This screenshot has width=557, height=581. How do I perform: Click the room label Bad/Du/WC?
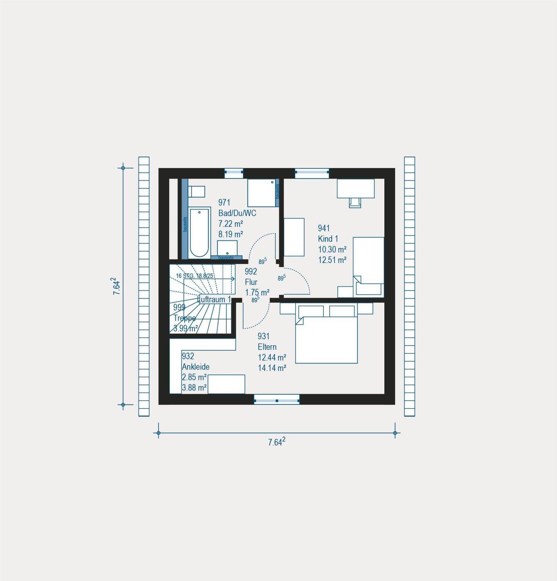[x=237, y=213]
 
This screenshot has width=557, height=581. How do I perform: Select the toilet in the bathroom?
[x=197, y=191]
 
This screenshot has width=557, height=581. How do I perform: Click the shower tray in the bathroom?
[x=261, y=193]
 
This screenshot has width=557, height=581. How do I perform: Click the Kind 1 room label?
[x=328, y=238]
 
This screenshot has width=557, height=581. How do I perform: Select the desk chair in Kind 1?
[x=355, y=202]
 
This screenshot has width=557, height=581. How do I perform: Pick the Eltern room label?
[x=267, y=347]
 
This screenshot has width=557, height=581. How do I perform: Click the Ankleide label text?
[x=196, y=367]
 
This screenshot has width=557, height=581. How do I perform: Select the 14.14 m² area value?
[x=272, y=368]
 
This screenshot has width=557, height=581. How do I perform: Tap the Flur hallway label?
[x=251, y=282]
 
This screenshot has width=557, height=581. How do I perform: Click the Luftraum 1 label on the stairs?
[x=215, y=299]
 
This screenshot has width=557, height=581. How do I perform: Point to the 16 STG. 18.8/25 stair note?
[x=195, y=276]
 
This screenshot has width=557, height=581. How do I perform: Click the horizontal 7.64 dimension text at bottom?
[x=277, y=442]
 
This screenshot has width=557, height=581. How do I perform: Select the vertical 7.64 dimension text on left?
[x=116, y=286]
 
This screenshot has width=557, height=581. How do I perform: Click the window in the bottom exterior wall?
[x=277, y=399]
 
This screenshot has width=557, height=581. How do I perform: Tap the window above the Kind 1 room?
[x=312, y=173]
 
